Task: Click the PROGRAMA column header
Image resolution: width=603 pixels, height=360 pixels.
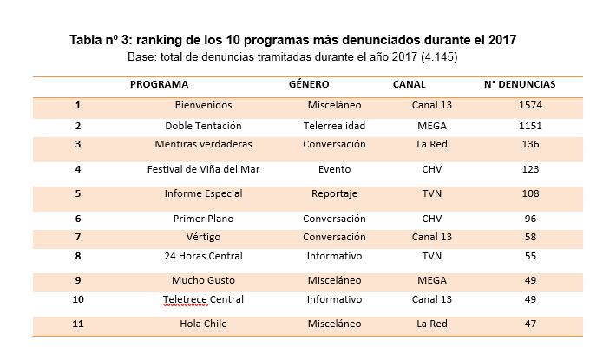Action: (159, 84)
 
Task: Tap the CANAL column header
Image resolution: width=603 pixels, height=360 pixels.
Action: (410, 84)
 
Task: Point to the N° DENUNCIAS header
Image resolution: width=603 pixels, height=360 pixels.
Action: (520, 84)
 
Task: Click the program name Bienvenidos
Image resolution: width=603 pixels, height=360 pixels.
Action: (203, 105)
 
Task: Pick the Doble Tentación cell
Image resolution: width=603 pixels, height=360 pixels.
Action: (203, 125)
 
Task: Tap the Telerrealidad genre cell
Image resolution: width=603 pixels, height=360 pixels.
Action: (334, 125)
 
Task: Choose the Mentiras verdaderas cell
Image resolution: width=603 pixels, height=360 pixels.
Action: (203, 144)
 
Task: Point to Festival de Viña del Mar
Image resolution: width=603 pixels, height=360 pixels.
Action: (203, 169)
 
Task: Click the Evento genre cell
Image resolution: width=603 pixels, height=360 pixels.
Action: (334, 169)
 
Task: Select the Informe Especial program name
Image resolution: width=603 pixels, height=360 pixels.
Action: (203, 193)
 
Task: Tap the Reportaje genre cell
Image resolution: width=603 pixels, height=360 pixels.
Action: (334, 193)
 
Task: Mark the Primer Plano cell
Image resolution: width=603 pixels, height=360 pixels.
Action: (203, 219)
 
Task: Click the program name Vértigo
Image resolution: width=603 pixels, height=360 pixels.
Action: (203, 237)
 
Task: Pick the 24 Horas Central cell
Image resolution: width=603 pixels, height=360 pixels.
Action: (203, 256)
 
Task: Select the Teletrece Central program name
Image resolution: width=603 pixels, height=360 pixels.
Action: (203, 299)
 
